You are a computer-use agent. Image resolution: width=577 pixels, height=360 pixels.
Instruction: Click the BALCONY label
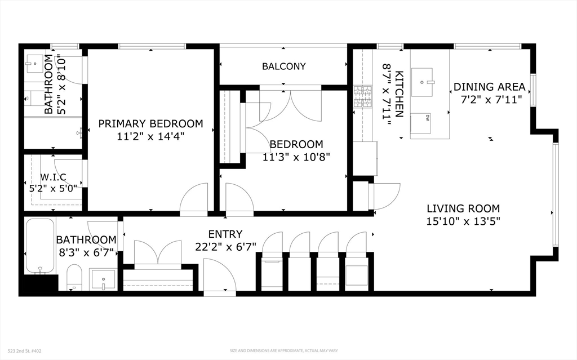[x=283, y=66]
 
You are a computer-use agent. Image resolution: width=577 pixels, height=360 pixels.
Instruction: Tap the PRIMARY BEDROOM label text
[x=150, y=123]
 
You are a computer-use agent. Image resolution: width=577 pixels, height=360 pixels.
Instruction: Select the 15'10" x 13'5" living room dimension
[x=463, y=221]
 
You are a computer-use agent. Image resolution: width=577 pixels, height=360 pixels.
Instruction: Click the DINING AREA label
[x=489, y=87]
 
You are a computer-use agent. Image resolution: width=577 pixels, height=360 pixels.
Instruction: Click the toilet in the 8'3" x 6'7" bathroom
[x=74, y=278]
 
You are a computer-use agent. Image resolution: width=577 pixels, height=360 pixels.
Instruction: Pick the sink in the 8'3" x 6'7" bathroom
[x=103, y=279]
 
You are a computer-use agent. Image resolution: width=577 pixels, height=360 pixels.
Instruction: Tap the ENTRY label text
[x=225, y=234]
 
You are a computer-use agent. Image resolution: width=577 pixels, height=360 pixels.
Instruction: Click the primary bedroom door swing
[x=194, y=200]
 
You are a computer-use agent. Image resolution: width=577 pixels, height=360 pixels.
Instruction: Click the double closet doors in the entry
[x=157, y=252]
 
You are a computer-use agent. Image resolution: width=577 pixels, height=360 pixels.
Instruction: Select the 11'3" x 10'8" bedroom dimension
[x=296, y=157]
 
